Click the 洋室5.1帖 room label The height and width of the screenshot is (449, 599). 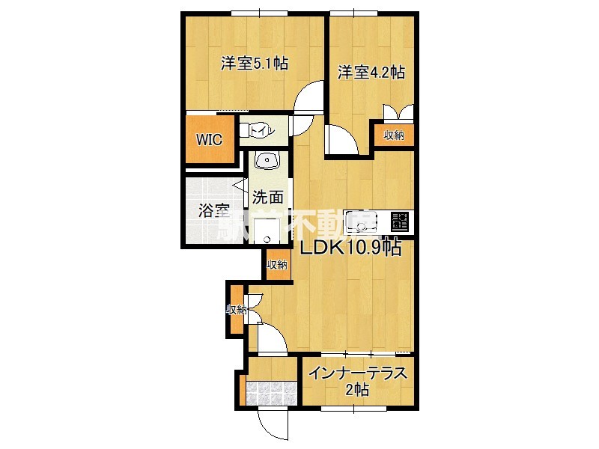[x=254, y=65]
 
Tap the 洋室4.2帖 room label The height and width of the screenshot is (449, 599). [x=371, y=73]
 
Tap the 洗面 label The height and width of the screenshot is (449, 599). [x=267, y=198]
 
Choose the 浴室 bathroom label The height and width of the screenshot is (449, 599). [x=213, y=211]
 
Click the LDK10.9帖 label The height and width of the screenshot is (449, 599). [x=350, y=248]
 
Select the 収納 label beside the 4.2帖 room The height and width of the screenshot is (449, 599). [x=394, y=135]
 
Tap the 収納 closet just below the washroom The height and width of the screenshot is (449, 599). [x=277, y=265]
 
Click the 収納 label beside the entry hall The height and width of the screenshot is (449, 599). [x=237, y=310]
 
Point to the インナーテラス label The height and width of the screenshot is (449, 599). [x=358, y=373]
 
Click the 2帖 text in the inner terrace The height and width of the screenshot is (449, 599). [x=358, y=390]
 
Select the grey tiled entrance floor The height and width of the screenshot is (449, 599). [x=272, y=393]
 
